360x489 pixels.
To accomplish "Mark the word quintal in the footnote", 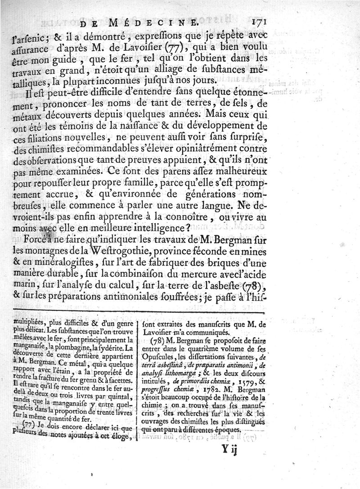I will click(122, 396).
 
